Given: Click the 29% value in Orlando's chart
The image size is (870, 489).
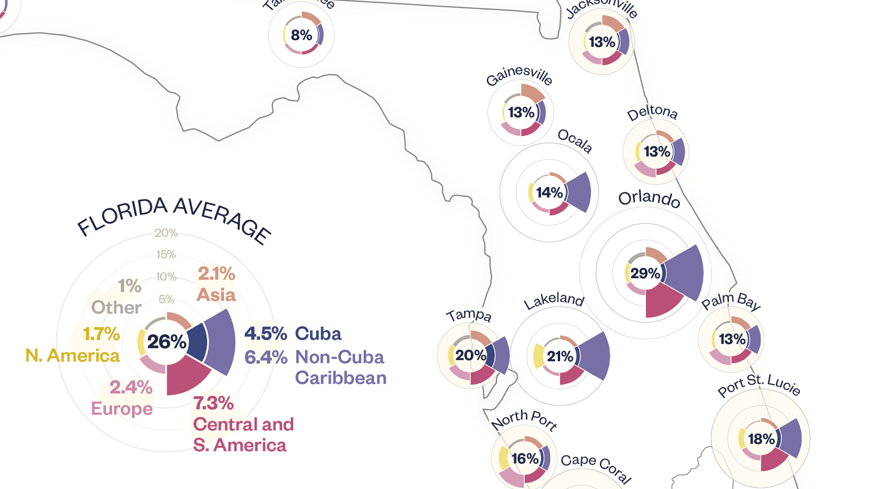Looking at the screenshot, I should (x=645, y=273).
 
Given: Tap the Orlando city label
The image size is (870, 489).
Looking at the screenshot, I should (x=649, y=198).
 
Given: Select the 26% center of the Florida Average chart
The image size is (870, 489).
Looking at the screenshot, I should (x=166, y=342).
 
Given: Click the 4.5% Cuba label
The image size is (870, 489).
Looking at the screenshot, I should (x=266, y=334).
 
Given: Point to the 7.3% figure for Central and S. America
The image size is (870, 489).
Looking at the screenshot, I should (x=213, y=403).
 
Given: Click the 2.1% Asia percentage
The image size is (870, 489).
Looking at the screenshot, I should (x=216, y=274).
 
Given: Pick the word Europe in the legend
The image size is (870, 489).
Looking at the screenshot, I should (x=122, y=409).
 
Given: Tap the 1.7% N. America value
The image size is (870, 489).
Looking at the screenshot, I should (x=101, y=334).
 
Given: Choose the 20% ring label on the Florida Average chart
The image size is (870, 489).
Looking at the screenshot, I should (x=166, y=233).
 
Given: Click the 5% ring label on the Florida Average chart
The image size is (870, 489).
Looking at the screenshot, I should (x=166, y=299).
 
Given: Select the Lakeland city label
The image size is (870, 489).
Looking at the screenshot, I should (x=554, y=300).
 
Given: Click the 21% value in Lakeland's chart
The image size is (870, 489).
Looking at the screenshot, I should (x=560, y=356).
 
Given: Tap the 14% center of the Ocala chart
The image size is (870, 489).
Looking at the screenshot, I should (x=549, y=193).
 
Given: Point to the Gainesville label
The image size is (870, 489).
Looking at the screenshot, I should (x=519, y=76).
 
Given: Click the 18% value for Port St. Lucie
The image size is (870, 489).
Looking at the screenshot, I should (x=761, y=439).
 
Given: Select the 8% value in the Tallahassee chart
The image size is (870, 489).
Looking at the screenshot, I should (x=301, y=35).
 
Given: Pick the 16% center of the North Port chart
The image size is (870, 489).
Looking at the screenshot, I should (x=525, y=459).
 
